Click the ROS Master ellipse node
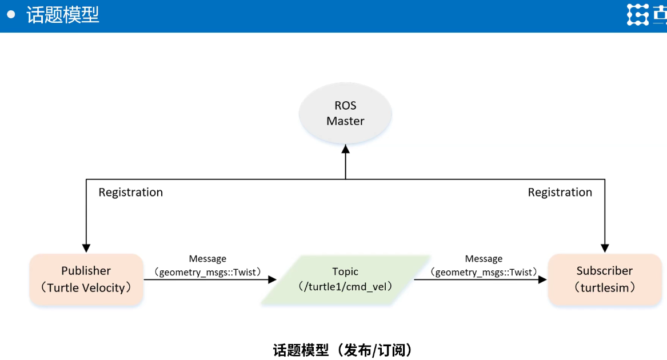click(345, 113)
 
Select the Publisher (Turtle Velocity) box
click(86, 279)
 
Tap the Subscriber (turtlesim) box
click(604, 279)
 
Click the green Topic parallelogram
click(345, 279)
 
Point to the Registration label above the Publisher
click(130, 193)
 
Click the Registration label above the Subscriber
click(560, 193)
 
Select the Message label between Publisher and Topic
click(207, 259)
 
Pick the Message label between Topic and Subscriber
click(484, 259)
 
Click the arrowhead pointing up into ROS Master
click(345, 149)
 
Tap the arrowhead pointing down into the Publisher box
click(86, 248)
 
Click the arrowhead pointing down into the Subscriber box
click(605, 248)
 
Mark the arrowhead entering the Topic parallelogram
click(272, 279)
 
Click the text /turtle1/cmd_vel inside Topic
click(345, 286)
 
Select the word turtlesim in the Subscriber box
click(605, 288)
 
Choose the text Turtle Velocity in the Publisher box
click(86, 288)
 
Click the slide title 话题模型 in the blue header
click(63, 15)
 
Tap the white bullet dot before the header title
click(11, 15)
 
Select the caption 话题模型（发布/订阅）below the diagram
click(343, 350)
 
